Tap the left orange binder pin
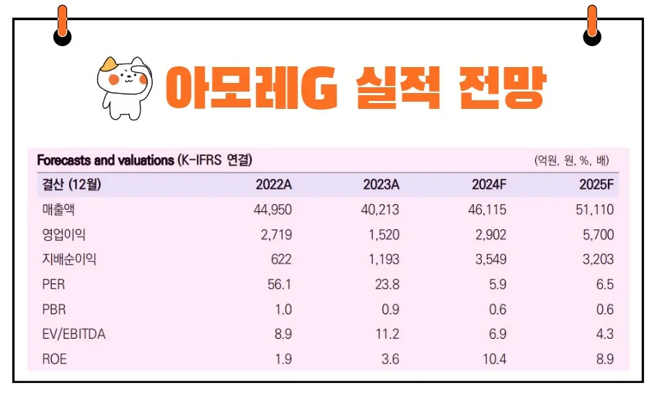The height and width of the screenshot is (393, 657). [63, 25]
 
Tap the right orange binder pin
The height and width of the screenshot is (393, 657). [592, 25]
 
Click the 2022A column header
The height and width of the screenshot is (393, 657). [273, 185]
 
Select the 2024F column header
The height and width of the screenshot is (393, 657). [488, 185]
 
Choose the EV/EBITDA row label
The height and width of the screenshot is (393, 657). [74, 335]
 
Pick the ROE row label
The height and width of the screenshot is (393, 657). [54, 359]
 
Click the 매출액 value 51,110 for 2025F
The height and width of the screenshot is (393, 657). [596, 210]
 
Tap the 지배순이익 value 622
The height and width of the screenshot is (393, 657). [281, 260]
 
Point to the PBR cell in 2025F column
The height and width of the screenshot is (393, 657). [605, 309]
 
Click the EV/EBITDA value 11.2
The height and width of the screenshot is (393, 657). [387, 335]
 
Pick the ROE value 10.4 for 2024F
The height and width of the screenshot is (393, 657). [493, 359]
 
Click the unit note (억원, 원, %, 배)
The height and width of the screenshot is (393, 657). [573, 160]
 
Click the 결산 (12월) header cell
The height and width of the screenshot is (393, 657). [69, 185]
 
